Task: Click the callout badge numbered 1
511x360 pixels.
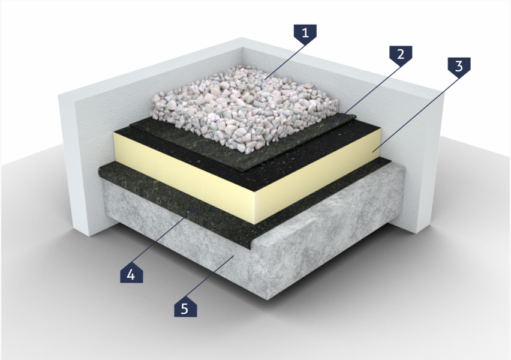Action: (x=305, y=32)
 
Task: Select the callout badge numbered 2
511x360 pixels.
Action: (x=401, y=53)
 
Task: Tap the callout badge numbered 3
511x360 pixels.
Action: (x=459, y=66)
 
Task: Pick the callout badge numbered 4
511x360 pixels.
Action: (x=131, y=275)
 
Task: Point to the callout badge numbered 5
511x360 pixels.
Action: (x=185, y=308)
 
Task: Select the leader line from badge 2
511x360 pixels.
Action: (x=364, y=93)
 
